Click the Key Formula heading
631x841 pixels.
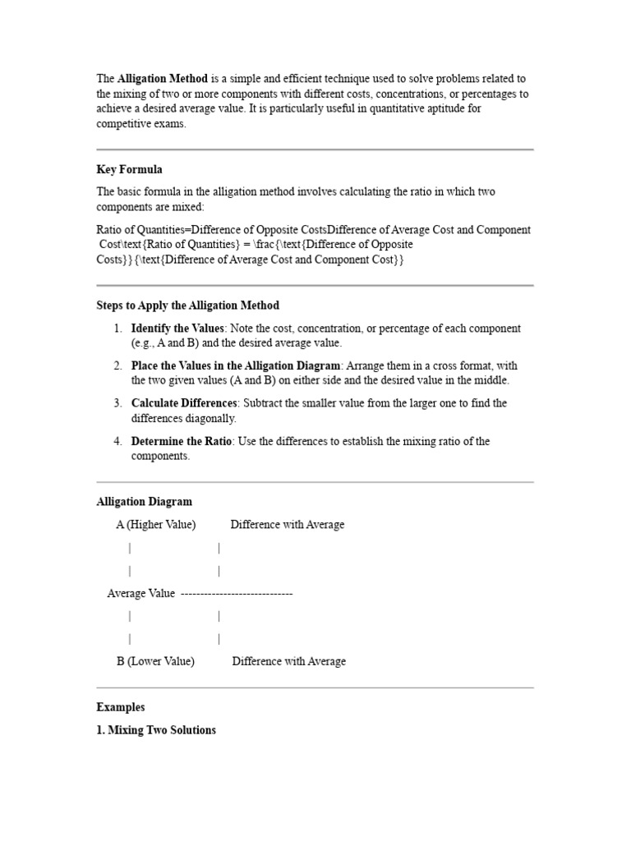129,170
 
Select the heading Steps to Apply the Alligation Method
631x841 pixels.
187,306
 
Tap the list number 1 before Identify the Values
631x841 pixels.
118,329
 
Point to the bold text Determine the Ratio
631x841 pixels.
182,441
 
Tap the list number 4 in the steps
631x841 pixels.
118,441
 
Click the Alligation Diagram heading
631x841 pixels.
144,502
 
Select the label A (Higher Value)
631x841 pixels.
156,525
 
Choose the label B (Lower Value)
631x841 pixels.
155,661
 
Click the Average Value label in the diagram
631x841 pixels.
141,593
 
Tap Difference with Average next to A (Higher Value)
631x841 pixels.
287,525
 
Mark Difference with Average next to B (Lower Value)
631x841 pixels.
288,661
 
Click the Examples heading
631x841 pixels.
120,707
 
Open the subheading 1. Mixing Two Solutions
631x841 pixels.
156,730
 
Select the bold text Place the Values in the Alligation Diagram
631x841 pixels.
235,365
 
